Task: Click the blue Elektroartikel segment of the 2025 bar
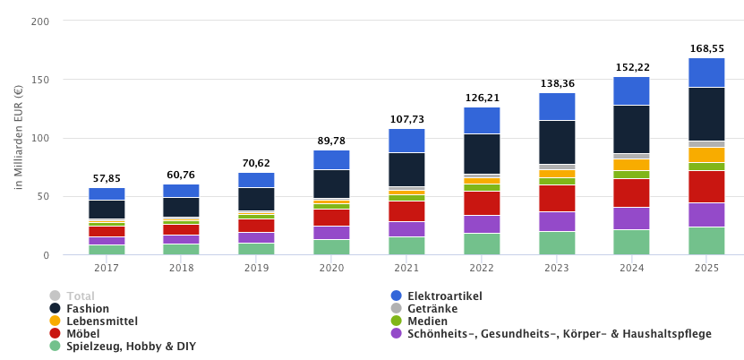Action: (706, 73)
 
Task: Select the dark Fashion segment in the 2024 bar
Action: (631, 129)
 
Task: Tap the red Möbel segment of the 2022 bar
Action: (482, 203)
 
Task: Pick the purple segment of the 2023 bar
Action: (557, 221)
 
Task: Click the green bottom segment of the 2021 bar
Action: (406, 245)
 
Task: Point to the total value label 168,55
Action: (706, 48)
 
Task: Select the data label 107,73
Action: (406, 119)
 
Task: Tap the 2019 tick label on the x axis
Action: (256, 267)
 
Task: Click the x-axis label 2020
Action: (331, 267)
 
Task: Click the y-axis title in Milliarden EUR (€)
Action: (18, 136)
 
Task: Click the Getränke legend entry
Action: (432, 308)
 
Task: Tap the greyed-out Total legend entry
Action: (80, 296)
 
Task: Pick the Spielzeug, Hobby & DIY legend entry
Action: (131, 346)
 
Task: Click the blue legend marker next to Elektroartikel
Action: (396, 296)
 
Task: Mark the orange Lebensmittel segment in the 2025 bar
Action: (706, 155)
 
